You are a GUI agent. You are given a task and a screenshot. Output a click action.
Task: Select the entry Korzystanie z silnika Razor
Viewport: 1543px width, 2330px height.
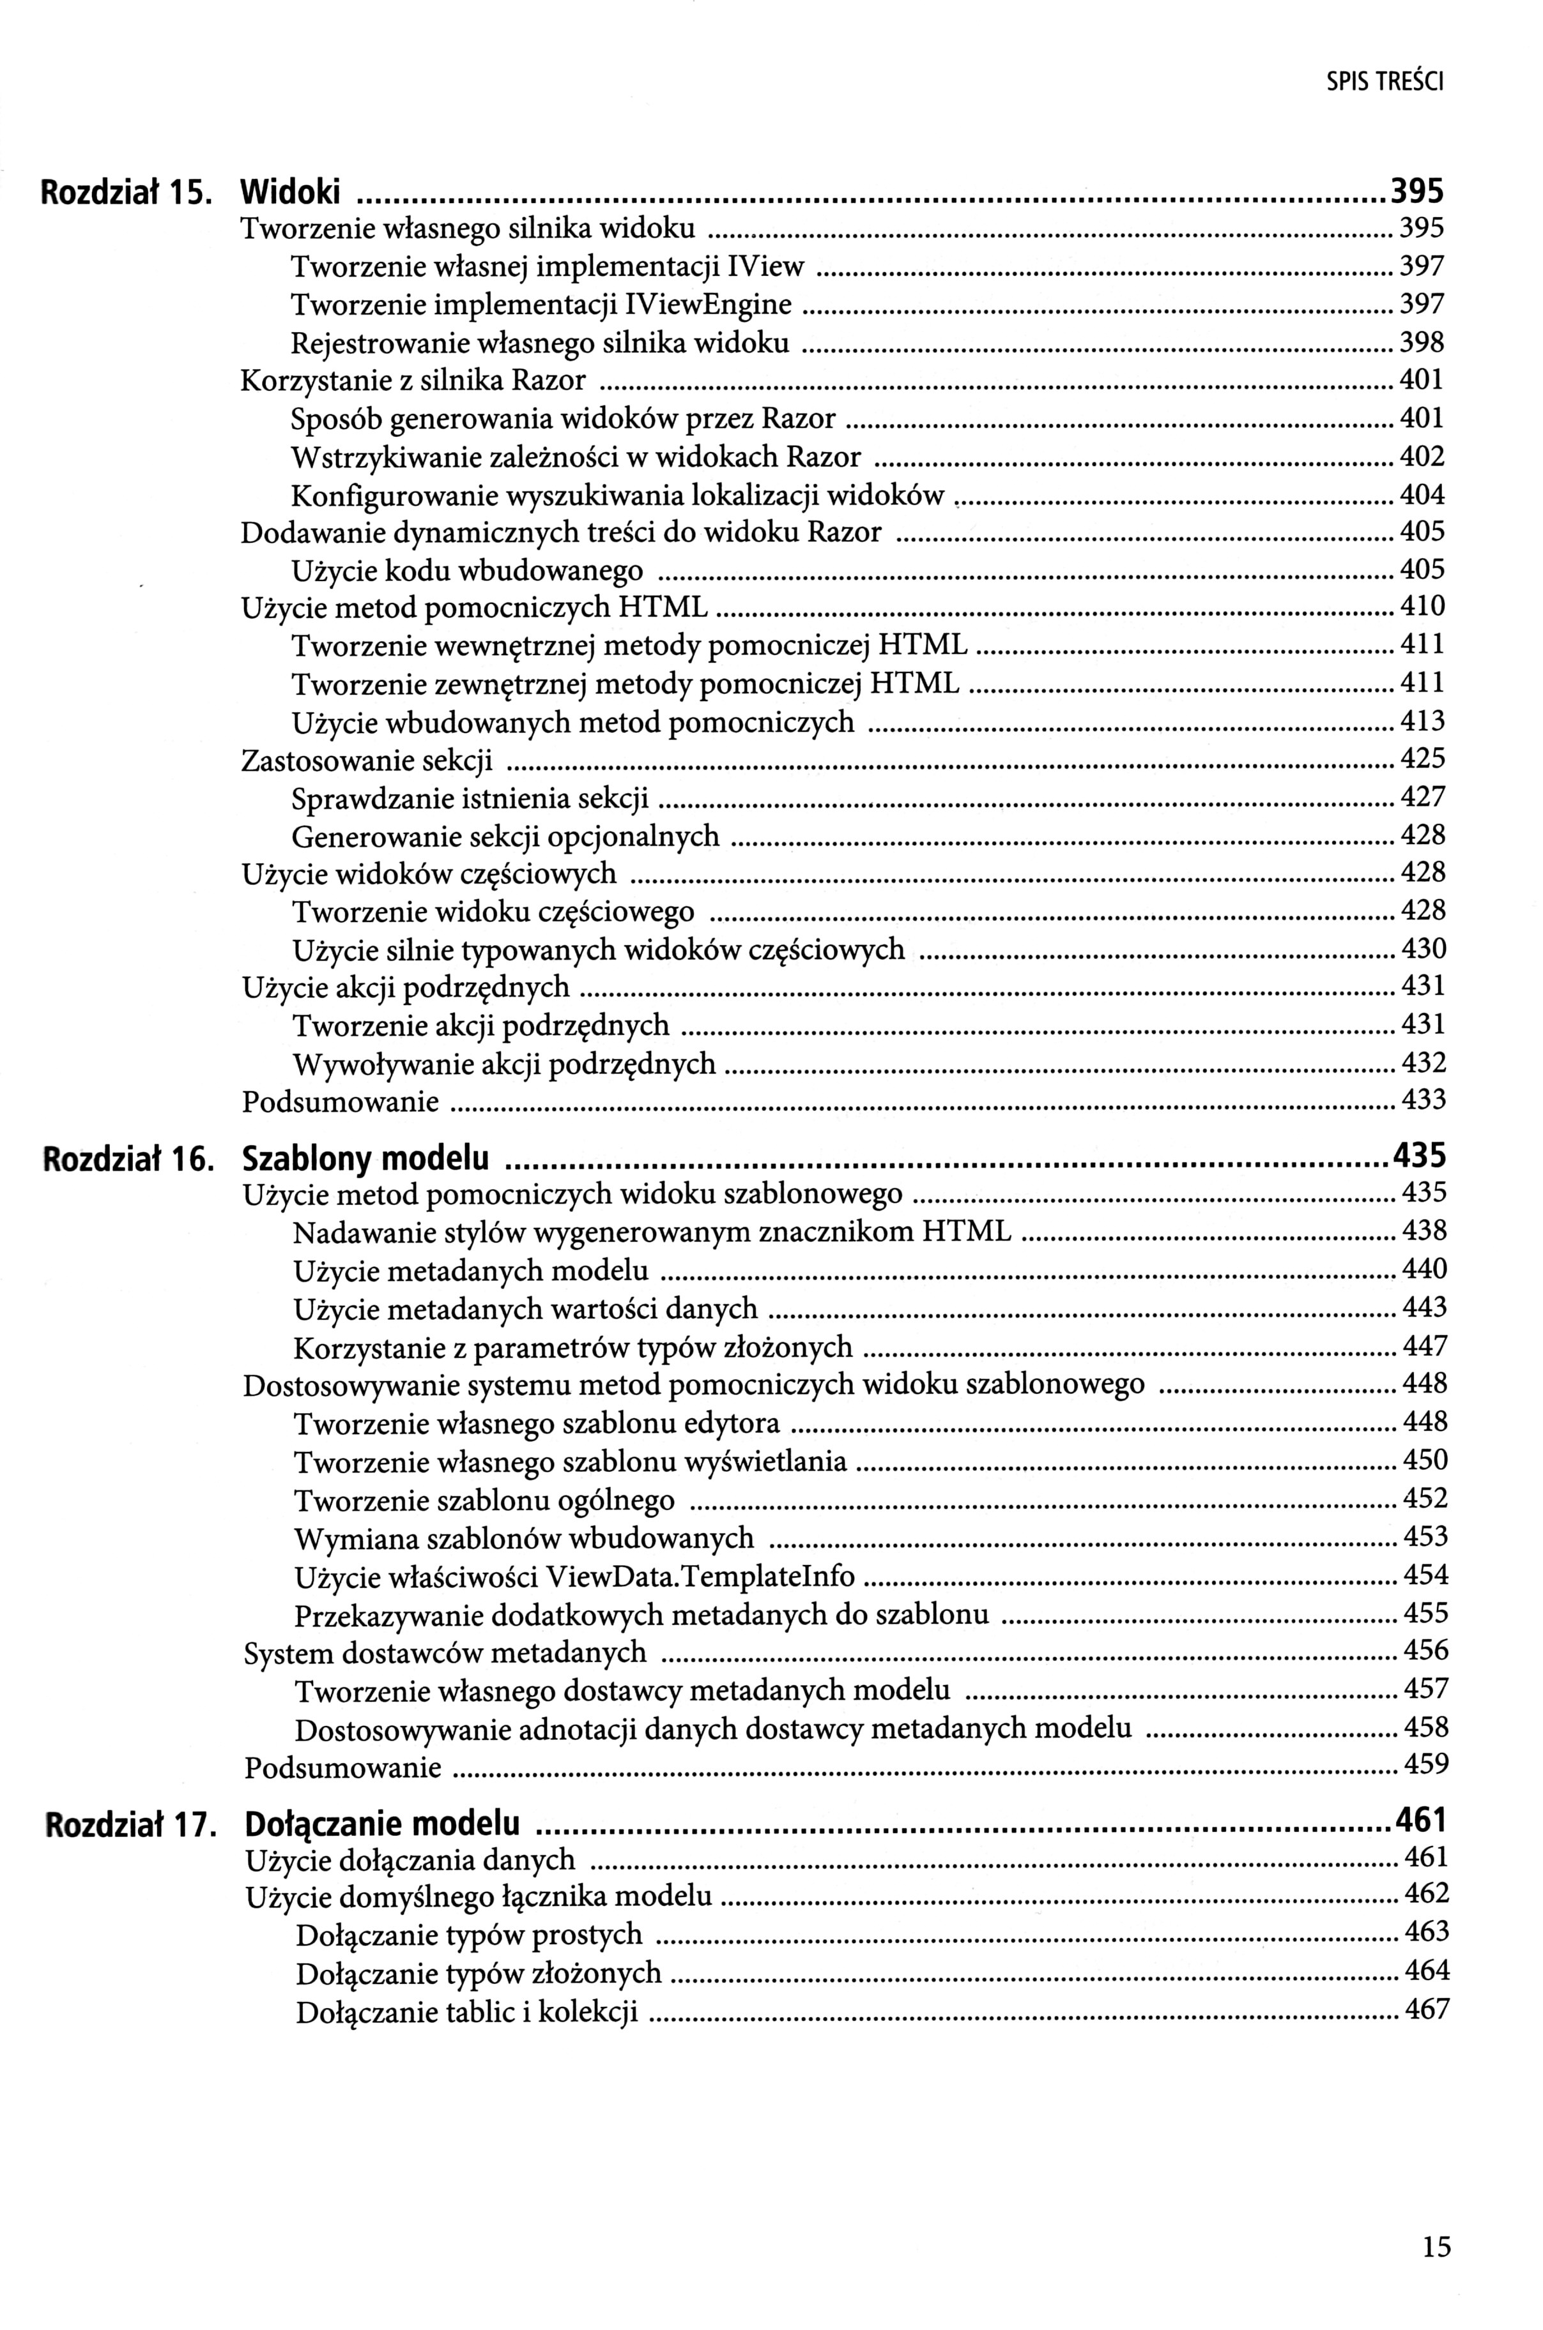413,381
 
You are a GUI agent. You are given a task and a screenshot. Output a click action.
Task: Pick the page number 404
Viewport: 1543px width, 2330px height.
1423,495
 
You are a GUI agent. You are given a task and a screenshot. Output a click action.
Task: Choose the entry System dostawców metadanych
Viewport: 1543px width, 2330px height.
445,1653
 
